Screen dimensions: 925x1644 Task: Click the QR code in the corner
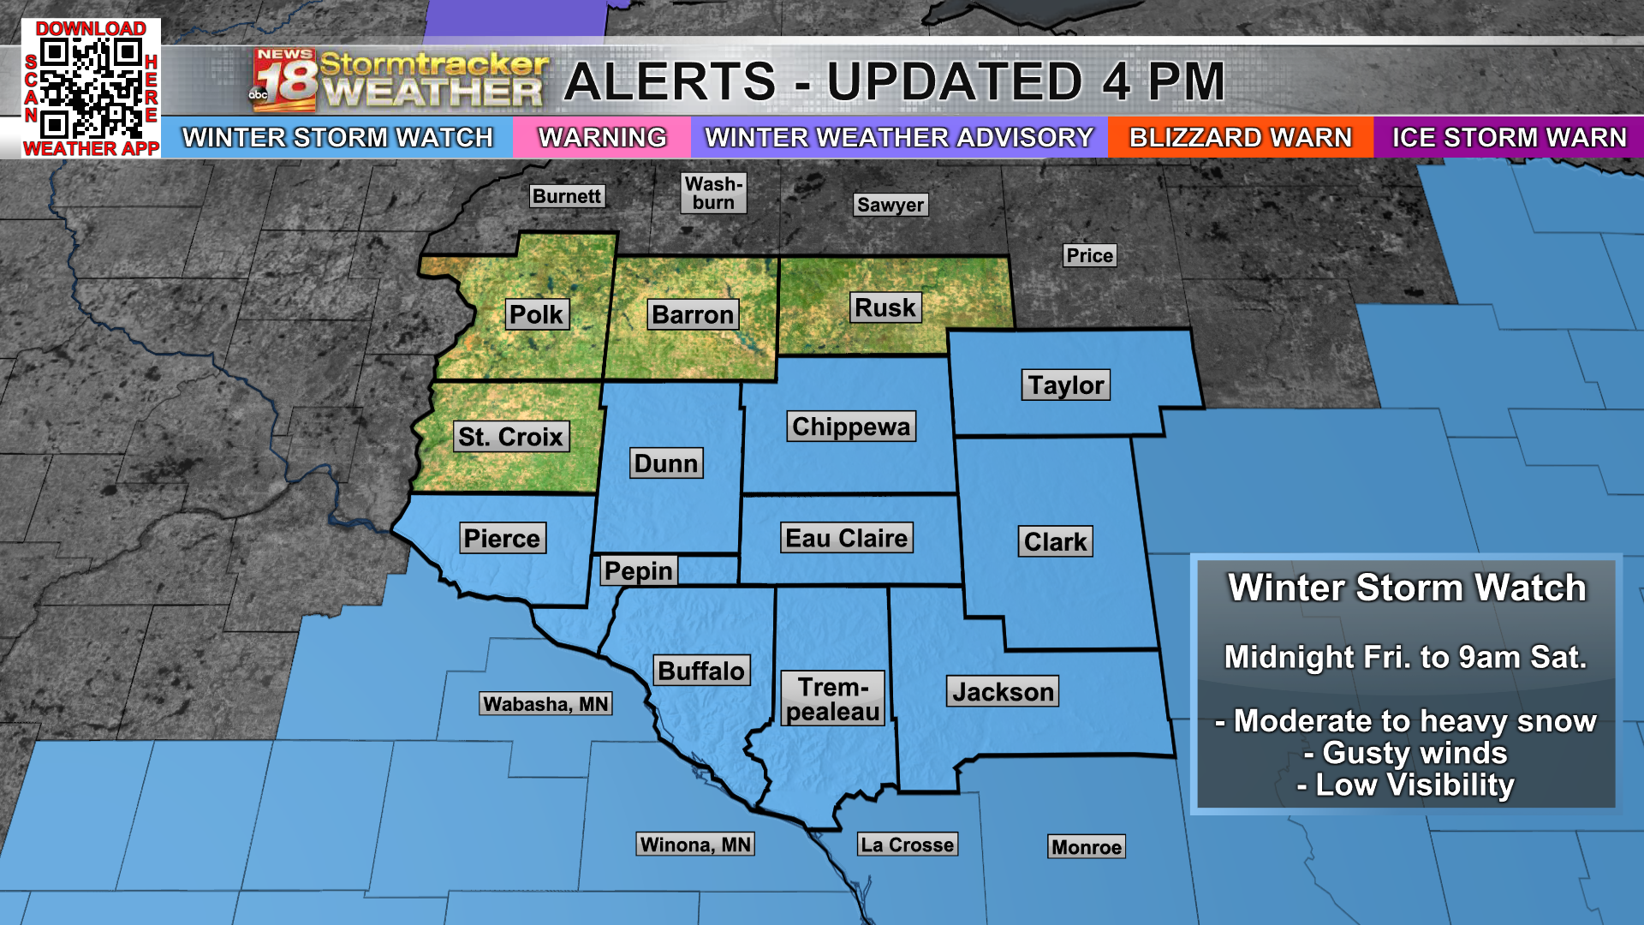91,88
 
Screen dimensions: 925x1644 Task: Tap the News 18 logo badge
284,81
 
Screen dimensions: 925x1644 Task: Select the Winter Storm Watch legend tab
337,137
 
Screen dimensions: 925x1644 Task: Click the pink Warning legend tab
602,137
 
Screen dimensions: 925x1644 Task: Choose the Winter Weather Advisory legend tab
899,137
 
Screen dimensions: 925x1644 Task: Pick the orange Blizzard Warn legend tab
1240,137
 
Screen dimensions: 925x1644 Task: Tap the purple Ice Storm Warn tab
1509,137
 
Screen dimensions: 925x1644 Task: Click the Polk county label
536,314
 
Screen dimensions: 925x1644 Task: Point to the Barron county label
693,314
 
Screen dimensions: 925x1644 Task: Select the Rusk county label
885,307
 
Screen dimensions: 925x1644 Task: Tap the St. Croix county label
510,437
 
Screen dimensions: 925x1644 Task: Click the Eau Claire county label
847,538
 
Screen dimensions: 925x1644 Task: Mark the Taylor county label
1066,385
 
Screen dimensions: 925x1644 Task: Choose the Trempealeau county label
833,699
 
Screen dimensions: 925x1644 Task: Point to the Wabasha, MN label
545,704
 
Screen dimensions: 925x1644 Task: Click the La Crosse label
907,844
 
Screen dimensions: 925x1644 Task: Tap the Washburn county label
714,194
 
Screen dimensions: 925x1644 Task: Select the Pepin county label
639,570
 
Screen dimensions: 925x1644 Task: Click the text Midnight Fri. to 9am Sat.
1406,657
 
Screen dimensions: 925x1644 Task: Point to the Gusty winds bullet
1406,753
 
